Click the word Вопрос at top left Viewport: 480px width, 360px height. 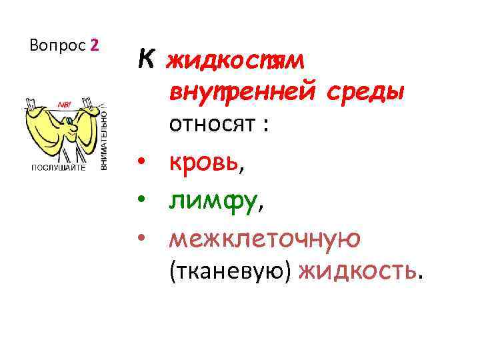pos(58,45)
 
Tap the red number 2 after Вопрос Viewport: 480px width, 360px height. pos(95,45)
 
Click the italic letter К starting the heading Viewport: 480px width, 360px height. pos(147,61)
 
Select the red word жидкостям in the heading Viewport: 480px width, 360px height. pos(235,61)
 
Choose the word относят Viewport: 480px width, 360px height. pos(212,123)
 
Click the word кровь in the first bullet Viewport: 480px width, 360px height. pos(203,163)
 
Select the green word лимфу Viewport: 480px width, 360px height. pos(212,201)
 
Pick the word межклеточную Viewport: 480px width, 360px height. pos(265,238)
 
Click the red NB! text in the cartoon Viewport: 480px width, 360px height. pos(66,105)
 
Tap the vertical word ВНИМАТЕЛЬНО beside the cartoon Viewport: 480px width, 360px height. pos(105,137)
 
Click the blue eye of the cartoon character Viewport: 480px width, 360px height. pos(69,122)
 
